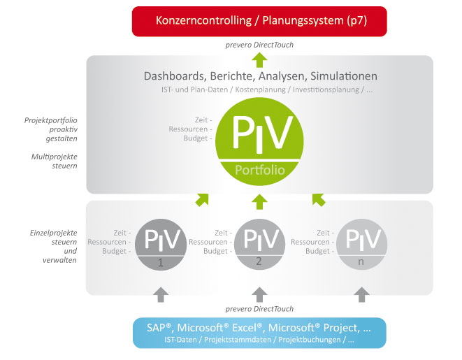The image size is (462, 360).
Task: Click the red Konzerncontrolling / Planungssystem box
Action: tap(259, 22)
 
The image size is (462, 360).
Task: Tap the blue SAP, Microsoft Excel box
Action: tap(259, 333)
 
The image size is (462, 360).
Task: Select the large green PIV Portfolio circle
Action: tap(259, 141)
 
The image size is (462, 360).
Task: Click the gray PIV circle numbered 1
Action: tap(161, 245)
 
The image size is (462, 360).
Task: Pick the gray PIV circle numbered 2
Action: tap(259, 244)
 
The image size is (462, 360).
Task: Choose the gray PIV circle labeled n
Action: tap(361, 244)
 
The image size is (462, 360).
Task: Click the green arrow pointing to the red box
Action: tap(259, 60)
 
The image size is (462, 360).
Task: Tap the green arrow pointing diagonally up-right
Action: tap(202, 200)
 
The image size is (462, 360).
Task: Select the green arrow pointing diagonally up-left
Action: tap(319, 200)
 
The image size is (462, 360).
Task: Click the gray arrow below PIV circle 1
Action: tap(161, 294)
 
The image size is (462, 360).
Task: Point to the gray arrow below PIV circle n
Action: tap(362, 294)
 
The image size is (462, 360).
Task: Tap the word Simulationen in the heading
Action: tap(344, 76)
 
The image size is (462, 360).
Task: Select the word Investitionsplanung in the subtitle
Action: tap(326, 90)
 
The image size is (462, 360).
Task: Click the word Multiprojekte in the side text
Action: tap(55, 157)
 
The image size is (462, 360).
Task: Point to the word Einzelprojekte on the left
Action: tap(53, 233)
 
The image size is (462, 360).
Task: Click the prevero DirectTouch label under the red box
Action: tap(259, 45)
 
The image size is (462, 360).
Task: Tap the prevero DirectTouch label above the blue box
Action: tap(259, 309)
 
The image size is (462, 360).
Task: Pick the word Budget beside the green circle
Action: tap(196, 138)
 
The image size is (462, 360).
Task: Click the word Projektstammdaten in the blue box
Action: tap(238, 340)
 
